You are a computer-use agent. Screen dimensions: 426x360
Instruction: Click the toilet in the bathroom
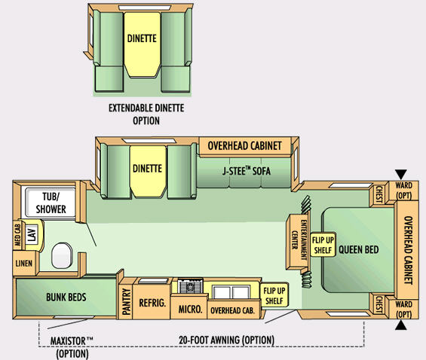tap(62, 255)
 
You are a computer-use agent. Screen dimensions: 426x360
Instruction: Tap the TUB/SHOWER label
tap(51, 203)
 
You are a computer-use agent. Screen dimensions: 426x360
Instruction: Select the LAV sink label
tap(32, 235)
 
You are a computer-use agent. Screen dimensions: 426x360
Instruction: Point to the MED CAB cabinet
tap(17, 235)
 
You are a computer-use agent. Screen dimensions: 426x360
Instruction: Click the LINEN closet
tap(24, 263)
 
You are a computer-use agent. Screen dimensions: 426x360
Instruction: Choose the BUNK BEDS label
tap(66, 297)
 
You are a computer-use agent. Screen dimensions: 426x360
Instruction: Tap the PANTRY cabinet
tap(126, 302)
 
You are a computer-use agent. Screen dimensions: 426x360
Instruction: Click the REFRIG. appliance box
tap(152, 303)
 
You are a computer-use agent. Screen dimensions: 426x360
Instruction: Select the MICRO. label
tap(191, 309)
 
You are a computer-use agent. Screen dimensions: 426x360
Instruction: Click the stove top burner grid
tap(190, 286)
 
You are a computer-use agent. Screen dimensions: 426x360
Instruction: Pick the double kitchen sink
tap(231, 292)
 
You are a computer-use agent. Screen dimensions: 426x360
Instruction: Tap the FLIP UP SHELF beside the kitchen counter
tap(274, 295)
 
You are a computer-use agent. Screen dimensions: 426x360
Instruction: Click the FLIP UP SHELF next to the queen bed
tap(323, 245)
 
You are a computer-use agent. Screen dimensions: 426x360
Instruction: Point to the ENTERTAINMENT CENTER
tap(298, 242)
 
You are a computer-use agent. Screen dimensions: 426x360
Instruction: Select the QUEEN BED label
tap(359, 249)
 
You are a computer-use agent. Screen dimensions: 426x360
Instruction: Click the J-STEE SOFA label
tap(247, 171)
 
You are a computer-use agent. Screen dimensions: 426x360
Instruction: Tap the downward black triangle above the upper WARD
tap(400, 174)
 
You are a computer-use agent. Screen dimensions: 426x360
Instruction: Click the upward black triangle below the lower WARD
tap(400, 325)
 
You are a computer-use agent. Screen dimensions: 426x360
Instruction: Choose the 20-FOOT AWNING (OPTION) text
tap(226, 340)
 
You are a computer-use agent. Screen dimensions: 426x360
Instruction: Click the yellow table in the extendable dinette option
tap(142, 44)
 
